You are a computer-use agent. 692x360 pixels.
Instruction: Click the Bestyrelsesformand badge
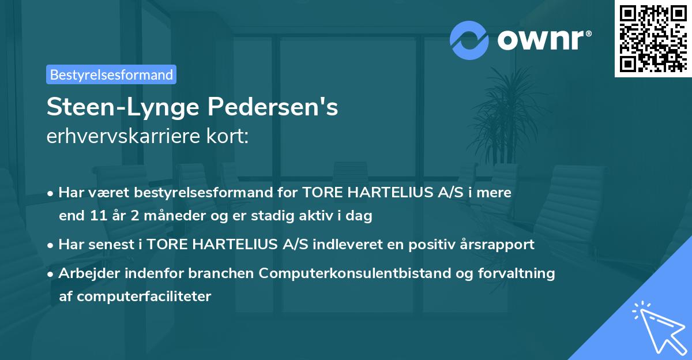tap(111, 74)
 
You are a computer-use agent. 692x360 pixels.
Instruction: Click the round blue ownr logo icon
tap(469, 40)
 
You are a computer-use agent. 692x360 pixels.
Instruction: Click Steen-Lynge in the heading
tap(120, 108)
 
